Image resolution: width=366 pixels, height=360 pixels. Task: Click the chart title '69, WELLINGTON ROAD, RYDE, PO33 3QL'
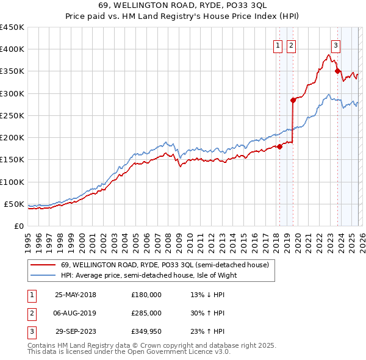pyautogui.click(x=182, y=5)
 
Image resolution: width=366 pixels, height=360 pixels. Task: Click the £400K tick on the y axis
pyautogui.click(x=12, y=49)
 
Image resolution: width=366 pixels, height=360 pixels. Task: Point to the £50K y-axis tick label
pyautogui.click(x=14, y=204)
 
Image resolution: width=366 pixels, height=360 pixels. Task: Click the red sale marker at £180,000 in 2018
pyautogui.click(x=280, y=146)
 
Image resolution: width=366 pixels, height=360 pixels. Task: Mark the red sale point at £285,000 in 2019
pyautogui.click(x=293, y=100)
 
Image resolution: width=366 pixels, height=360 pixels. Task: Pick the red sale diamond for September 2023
pyautogui.click(x=337, y=71)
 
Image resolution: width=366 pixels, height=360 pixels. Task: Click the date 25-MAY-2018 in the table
pyautogui.click(x=76, y=295)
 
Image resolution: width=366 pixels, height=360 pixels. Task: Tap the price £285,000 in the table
pyautogui.click(x=146, y=313)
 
